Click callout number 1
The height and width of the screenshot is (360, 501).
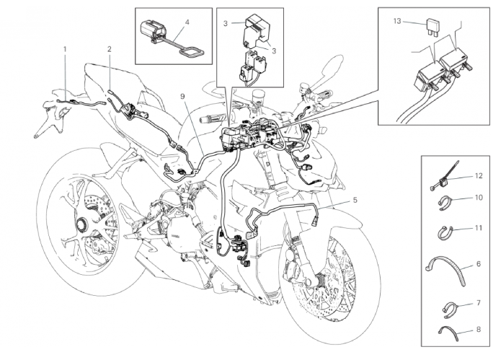click(x=64, y=49)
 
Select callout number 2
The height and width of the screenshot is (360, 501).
click(x=109, y=49)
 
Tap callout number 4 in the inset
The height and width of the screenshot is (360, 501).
click(x=187, y=22)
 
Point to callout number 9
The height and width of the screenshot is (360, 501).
click(x=183, y=97)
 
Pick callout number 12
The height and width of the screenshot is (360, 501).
click(x=478, y=176)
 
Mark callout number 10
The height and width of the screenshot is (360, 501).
click(x=478, y=197)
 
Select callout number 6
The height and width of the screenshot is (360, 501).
click(x=478, y=265)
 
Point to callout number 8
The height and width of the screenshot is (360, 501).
click(x=478, y=330)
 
